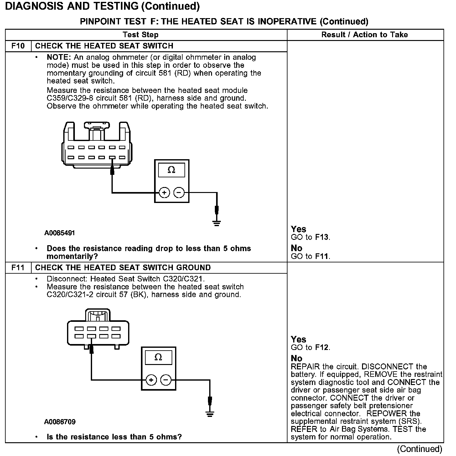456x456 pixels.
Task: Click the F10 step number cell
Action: tap(18, 46)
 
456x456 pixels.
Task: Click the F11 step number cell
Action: tap(18, 268)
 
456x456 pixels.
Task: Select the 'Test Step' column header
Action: tap(141, 35)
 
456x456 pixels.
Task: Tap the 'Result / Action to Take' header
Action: tap(365, 35)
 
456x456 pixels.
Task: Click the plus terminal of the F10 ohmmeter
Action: tap(164, 193)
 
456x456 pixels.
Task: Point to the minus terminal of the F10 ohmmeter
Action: tap(179, 193)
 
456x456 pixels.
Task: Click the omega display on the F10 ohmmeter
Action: tap(171, 170)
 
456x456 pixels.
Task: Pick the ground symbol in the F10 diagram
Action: tap(216, 223)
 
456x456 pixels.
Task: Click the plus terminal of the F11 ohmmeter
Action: tap(151, 380)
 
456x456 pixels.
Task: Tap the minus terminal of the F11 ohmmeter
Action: tap(166, 380)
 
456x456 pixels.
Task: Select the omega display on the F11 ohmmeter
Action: tap(158, 357)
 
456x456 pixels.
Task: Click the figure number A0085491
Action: tap(60, 233)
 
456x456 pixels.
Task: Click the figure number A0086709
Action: tap(60, 422)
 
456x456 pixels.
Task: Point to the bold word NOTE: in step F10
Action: tap(59, 58)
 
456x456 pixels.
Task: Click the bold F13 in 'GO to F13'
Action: tap(322, 237)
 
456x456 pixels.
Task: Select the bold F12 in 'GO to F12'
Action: tap(322, 347)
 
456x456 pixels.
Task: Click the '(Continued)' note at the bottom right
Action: tap(419, 449)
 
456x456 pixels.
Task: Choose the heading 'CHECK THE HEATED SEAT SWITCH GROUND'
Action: tap(123, 268)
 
